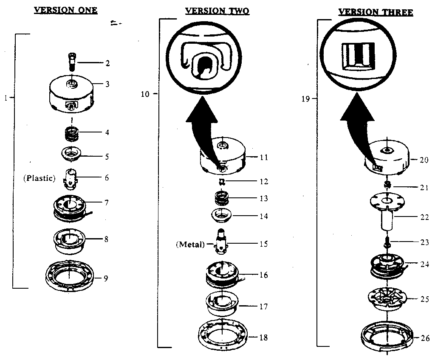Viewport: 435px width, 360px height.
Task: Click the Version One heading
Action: coord(65,10)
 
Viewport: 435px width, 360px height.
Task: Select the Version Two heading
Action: coord(217,11)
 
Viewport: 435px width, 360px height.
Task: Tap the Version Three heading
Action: coord(376,12)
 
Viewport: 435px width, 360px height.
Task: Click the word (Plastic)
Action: coord(40,178)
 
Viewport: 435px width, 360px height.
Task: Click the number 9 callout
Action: coord(106,278)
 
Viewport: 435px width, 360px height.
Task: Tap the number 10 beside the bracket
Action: coord(145,94)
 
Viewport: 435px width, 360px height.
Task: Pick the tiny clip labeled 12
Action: coord(221,182)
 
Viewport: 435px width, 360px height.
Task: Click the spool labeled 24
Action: coord(387,266)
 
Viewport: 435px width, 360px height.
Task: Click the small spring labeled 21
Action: coord(387,185)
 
